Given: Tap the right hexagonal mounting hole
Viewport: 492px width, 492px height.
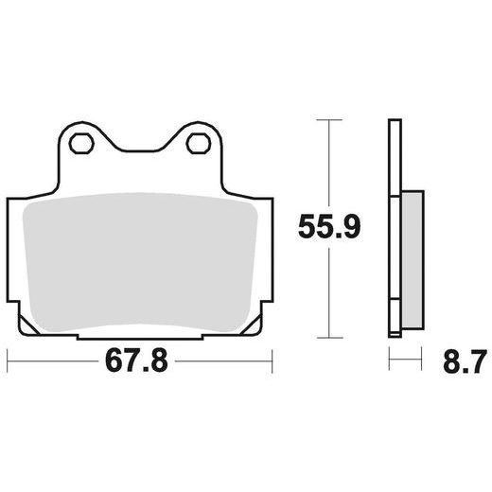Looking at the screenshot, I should pyautogui.click(x=198, y=144).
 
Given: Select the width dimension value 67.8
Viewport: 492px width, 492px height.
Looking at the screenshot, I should pyautogui.click(x=139, y=361).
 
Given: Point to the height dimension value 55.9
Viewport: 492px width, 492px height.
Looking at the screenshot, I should pyautogui.click(x=327, y=228).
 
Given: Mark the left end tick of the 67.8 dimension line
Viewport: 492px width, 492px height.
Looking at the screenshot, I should pyautogui.click(x=8, y=360).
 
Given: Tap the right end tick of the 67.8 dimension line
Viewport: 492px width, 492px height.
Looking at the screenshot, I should pyautogui.click(x=272, y=360).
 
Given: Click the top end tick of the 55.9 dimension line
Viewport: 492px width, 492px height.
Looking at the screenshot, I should pyautogui.click(x=327, y=120).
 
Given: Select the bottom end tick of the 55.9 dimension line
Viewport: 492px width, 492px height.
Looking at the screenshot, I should pyautogui.click(x=327, y=337).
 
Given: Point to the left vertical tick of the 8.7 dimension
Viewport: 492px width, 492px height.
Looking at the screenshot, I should pyautogui.click(x=389, y=360).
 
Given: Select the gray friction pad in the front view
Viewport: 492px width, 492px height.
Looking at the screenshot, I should pyautogui.click(x=139, y=260).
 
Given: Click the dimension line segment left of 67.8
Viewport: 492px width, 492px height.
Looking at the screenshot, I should pyautogui.click(x=52, y=360).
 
